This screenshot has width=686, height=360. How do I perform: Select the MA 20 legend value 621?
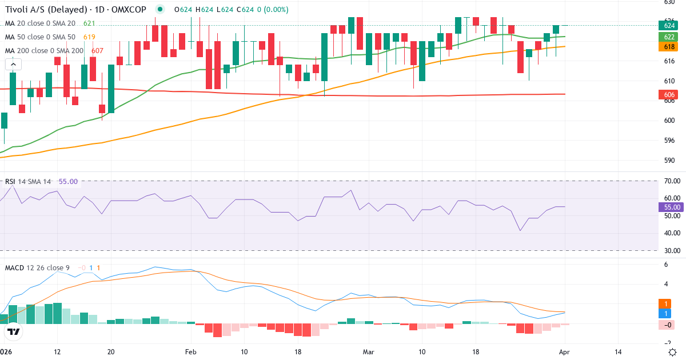89,23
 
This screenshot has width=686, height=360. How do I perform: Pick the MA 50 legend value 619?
89,37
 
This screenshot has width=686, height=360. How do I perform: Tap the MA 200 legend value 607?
97,50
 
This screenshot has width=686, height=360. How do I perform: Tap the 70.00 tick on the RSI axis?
672,181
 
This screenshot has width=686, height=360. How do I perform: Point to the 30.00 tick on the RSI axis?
672,250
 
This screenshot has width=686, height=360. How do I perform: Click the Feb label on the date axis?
191,352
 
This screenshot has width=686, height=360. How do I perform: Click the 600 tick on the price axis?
669,120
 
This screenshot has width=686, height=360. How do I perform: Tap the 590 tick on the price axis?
669,160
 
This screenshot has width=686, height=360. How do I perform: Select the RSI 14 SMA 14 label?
28,182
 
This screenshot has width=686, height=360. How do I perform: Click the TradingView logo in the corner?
14,331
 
